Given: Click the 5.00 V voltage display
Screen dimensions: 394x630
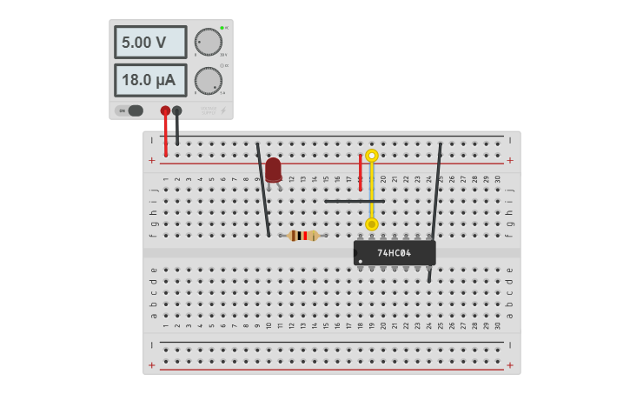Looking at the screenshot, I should pos(150,42).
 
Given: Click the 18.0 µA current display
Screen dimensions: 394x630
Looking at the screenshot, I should pos(150,80).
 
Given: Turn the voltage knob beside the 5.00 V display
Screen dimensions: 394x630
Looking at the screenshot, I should pos(208,42).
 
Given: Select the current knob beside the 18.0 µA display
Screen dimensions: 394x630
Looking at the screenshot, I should pos(208,81).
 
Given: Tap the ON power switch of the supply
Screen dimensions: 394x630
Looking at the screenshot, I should pos(129,110).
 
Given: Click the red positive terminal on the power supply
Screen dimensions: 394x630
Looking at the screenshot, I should pos(165,110).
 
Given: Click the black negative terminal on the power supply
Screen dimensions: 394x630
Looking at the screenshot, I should pos(177,110).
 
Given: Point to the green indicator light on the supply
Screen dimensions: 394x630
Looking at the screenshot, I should pos(222,28).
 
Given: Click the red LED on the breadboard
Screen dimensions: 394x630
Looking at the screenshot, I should pos(274,169).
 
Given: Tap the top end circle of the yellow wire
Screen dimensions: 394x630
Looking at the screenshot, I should pos(372,156).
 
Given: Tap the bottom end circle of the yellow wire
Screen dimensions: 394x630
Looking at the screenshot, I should pos(372,224).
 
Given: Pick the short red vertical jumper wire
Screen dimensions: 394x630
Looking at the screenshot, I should pos(360,172).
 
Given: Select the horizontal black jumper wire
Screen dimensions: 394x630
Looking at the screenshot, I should pos(354,201).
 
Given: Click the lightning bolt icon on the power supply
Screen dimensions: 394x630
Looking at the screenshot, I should pos(222,110).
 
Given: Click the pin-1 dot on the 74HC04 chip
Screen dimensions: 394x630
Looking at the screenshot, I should pos(361,261).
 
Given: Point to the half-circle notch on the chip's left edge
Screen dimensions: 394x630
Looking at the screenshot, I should pos(355,253).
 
